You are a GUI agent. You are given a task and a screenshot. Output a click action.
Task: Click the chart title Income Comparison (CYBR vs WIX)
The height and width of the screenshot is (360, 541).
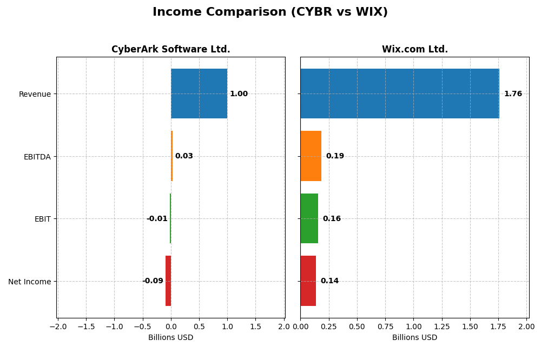point(270,12)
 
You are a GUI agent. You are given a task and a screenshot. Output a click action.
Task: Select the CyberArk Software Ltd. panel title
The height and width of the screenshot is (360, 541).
point(170,49)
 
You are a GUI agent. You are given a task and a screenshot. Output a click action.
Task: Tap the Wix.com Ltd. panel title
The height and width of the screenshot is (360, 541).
point(414,49)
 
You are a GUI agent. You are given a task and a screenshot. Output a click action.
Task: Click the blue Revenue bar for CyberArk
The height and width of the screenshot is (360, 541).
point(199,94)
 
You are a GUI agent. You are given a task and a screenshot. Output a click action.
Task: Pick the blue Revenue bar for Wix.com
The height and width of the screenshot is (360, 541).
point(399,94)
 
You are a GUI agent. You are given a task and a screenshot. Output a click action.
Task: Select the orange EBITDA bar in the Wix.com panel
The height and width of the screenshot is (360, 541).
point(311,156)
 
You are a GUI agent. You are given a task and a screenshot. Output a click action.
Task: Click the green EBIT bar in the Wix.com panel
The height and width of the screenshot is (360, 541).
point(309,218)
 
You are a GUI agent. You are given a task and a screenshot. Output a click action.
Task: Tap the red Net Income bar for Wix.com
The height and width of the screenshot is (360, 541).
point(308,281)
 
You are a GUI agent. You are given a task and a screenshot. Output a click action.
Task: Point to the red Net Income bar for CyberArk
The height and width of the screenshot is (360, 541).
point(168,281)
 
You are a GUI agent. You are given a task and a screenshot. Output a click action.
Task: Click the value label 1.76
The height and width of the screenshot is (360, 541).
point(513,94)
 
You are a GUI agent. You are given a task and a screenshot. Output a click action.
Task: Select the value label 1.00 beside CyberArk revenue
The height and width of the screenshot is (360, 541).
point(239,94)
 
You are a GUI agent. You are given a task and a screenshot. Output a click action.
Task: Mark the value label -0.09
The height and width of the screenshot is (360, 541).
point(153,281)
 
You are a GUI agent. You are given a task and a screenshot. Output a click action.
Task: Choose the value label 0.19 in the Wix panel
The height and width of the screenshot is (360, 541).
point(335,156)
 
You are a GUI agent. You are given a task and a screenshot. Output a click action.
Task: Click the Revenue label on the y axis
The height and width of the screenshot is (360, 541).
point(35,94)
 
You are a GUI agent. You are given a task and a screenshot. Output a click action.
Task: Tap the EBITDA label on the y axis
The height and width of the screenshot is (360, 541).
point(37,157)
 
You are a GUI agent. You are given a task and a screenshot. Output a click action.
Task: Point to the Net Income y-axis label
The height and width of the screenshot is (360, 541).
point(29,282)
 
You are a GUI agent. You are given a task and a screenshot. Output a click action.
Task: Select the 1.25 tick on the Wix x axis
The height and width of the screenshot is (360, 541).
point(442,326)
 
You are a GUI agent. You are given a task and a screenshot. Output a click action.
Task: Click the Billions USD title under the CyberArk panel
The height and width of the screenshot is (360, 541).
point(170,337)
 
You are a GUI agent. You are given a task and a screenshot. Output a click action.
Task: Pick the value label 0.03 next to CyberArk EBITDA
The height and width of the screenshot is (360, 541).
point(184,156)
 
